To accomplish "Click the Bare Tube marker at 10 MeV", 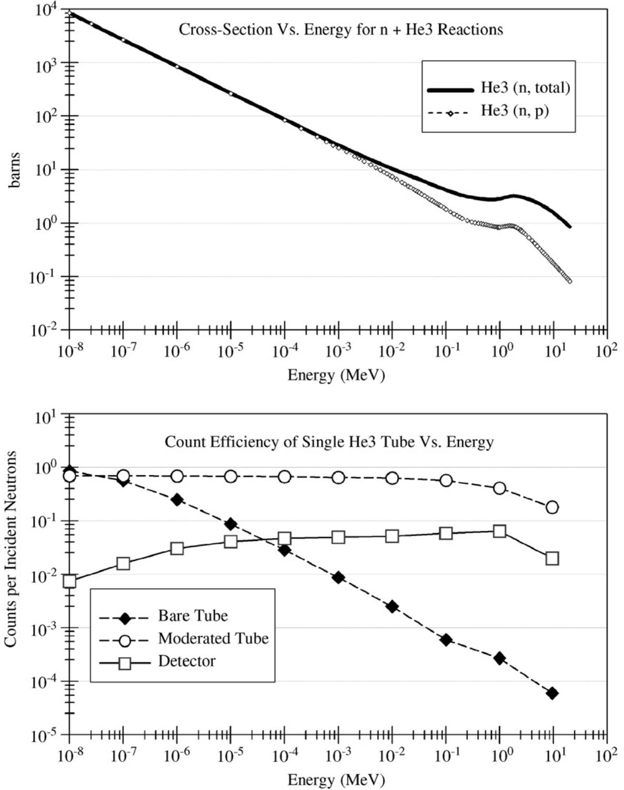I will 552,693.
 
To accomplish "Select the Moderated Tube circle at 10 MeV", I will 552,507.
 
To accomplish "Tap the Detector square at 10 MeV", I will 552,558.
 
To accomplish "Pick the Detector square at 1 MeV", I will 500,531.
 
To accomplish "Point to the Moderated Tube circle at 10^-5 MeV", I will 231,477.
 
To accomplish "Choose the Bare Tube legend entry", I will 193,616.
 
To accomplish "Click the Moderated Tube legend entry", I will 213,638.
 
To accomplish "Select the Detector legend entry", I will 187,661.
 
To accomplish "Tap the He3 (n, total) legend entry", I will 525,88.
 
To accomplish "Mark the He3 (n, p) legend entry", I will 514,112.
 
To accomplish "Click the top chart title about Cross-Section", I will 341,30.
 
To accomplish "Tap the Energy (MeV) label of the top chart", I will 336,375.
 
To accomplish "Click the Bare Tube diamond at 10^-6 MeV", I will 177,500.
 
